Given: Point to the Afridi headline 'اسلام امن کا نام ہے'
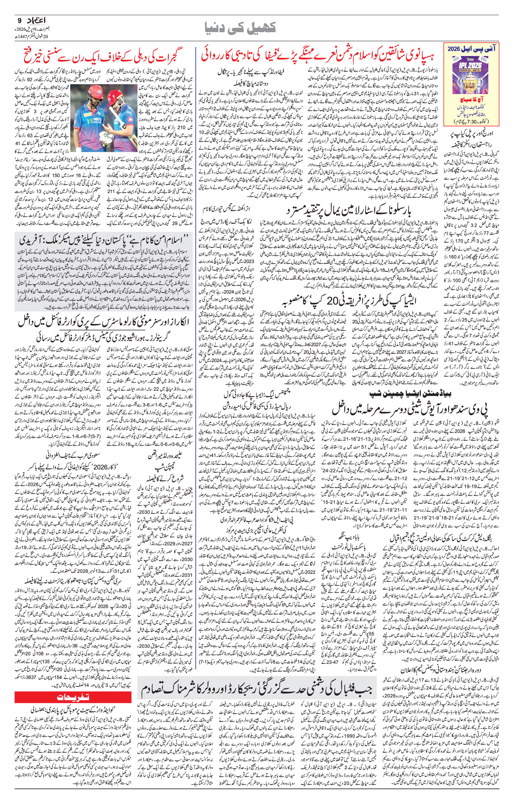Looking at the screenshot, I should (x=103, y=240).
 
